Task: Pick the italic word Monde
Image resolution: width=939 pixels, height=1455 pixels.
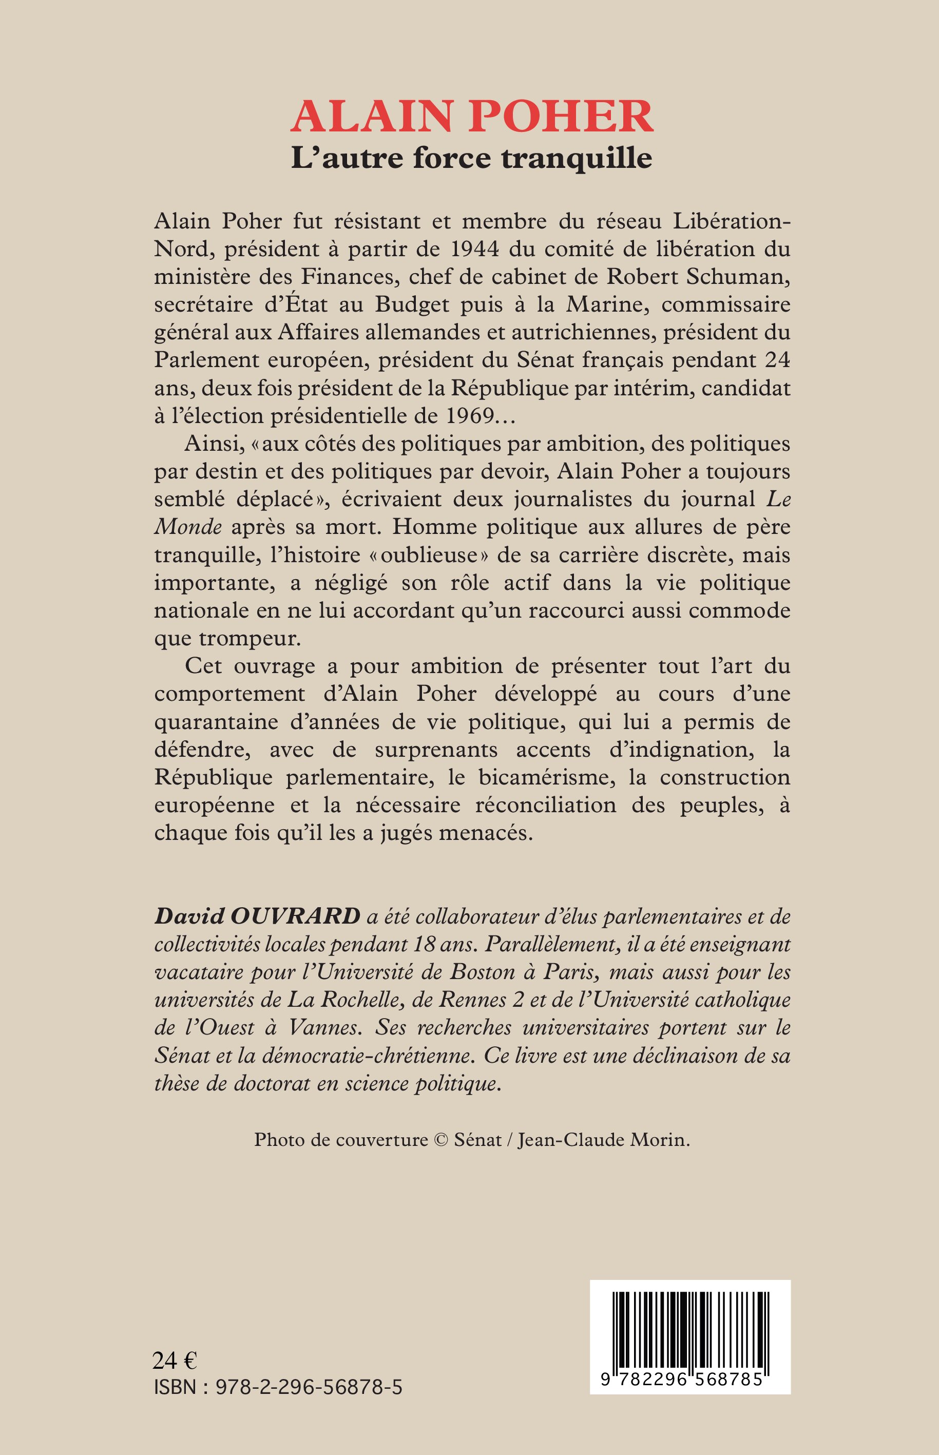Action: coord(188,527)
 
